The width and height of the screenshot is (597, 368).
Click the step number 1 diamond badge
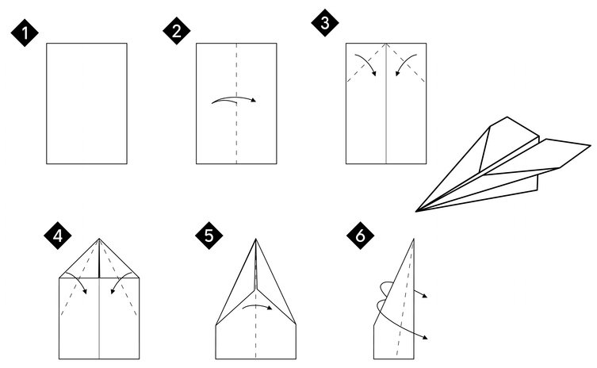pos(25,33)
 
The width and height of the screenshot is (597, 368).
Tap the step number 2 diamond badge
pos(177,30)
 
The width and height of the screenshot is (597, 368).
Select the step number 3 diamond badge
pos(325,22)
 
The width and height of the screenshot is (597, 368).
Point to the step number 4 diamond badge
pos(58,236)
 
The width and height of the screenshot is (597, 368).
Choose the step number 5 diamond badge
pos(209,236)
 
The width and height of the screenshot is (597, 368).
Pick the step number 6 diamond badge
pos(360,236)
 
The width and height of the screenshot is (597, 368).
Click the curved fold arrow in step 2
pos(234,98)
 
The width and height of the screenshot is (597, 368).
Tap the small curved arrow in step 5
pos(258,305)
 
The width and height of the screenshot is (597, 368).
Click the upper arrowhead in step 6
pos(425,296)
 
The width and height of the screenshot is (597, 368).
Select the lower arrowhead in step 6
pos(425,337)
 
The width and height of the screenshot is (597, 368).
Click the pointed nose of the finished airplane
pos(415,211)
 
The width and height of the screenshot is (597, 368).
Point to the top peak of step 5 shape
pos(255,239)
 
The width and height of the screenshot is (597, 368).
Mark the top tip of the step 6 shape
pos(414,239)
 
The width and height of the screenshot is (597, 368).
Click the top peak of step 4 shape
pos(99,239)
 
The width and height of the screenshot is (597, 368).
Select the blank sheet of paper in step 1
pos(86,104)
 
